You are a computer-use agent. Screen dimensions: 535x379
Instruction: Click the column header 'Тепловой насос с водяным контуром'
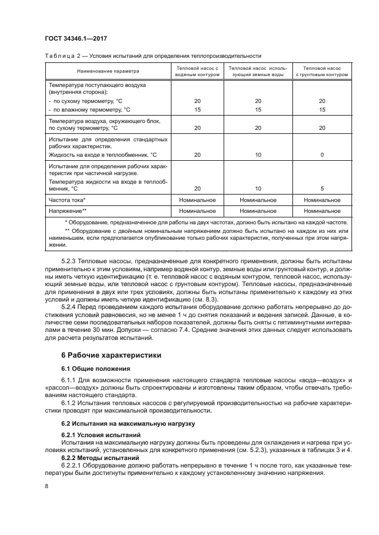click(197, 72)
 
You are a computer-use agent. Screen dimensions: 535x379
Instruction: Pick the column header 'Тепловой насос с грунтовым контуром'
click(322, 72)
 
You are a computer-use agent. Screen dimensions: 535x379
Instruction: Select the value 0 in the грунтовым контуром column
click(322, 155)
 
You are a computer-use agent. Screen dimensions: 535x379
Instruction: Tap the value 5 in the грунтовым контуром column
click(322, 188)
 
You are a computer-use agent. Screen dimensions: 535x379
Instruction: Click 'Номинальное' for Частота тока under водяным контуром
click(197, 200)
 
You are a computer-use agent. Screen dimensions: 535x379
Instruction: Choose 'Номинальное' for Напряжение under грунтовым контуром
click(322, 211)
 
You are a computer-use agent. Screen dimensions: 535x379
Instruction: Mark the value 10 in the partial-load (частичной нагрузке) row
click(258, 188)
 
